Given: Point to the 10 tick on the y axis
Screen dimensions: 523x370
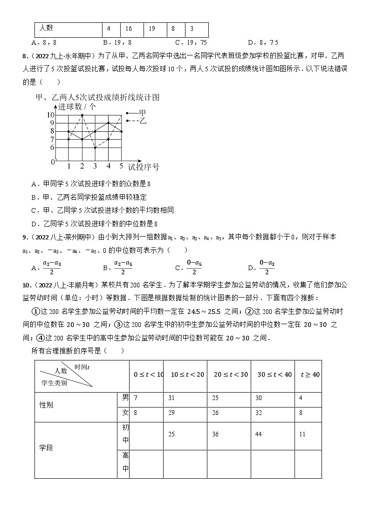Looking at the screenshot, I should click(x=50, y=115).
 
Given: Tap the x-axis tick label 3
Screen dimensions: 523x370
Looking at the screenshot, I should click(x=95, y=166).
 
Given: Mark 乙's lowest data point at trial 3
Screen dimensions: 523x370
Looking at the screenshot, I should click(x=95, y=148).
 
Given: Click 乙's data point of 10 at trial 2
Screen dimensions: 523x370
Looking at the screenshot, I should click(x=82, y=115).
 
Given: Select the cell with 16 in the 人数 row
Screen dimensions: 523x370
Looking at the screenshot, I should click(x=129, y=29).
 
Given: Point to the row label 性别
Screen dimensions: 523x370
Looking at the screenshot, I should click(x=47, y=405).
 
